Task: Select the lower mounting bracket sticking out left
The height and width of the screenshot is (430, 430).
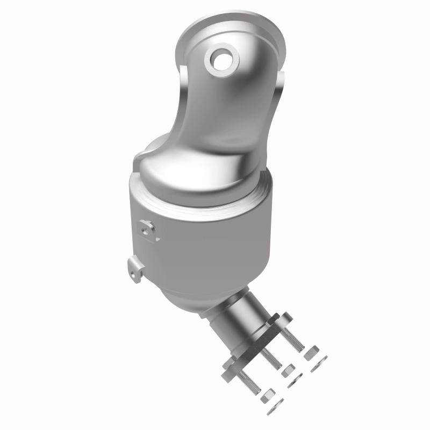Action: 135,269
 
